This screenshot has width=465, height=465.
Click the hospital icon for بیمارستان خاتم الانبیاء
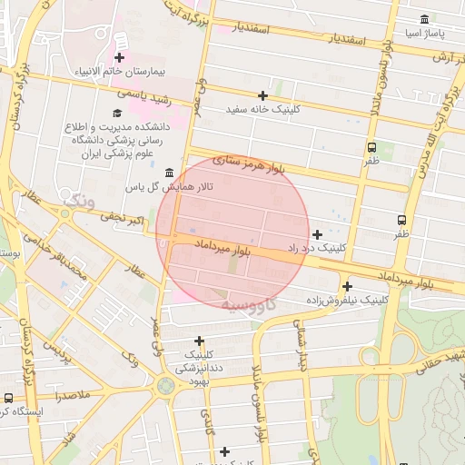tap(119, 58)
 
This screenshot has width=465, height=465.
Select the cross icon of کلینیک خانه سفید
tap(263, 95)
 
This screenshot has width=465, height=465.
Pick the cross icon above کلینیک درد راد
tap(317, 234)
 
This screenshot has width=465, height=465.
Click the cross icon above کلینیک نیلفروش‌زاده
tap(347, 286)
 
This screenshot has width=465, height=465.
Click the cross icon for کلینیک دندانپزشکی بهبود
tap(199, 341)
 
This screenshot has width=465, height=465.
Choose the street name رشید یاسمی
tap(143, 94)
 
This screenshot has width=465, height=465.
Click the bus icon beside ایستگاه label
tap(8, 398)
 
